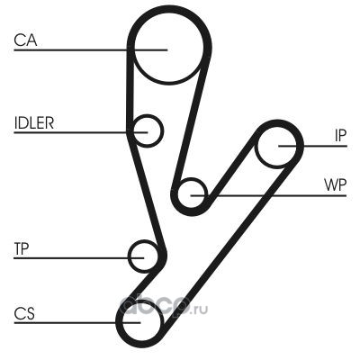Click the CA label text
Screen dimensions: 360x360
pyautogui.click(x=25, y=40)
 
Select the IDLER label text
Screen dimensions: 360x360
pyautogui.click(x=34, y=122)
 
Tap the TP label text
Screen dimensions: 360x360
pyautogui.click(x=22, y=248)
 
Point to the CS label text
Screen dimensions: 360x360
pyautogui.click(x=24, y=313)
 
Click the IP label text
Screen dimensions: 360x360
pyautogui.click(x=340, y=136)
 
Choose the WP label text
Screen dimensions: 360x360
pyautogui.click(x=335, y=185)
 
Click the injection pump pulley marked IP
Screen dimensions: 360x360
pyautogui.click(x=276, y=166)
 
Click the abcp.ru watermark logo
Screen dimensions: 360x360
pyautogui.click(x=164, y=307)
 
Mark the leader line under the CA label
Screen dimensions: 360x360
pyautogui.click(x=90, y=49)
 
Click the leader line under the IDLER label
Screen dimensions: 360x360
pyautogui.click(x=81, y=132)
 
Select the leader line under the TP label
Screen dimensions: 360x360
pyautogui.click(x=79, y=257)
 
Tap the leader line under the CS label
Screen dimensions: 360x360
pyautogui.click(x=77, y=323)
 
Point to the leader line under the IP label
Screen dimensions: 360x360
pyautogui.click(x=312, y=146)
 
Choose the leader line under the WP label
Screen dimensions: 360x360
pyautogui.click(x=268, y=196)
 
